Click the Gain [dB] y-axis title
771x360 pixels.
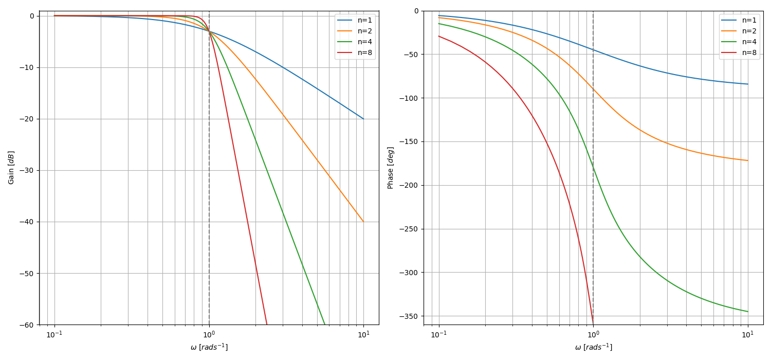tap(11, 168)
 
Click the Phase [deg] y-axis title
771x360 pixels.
tap(391, 168)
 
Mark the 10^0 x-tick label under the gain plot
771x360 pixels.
tap(209, 335)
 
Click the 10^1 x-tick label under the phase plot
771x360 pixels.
tap(748, 335)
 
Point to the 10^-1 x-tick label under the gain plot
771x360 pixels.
tap(54, 335)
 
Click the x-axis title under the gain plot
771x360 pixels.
tap(209, 348)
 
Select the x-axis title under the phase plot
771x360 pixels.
tap(593, 348)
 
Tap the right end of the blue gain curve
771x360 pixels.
tap(363, 119)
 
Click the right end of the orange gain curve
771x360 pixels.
tap(363, 222)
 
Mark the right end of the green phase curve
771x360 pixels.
tap(748, 312)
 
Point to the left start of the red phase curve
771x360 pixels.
tap(438, 36)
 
